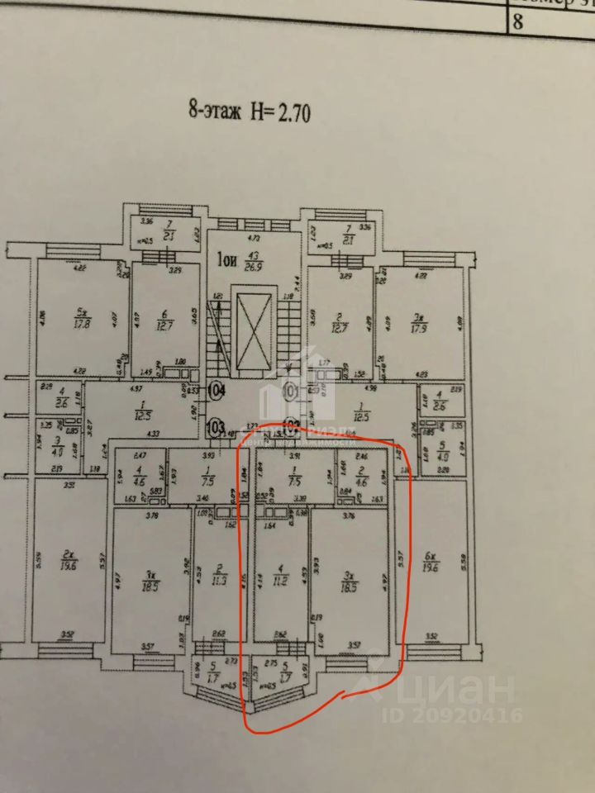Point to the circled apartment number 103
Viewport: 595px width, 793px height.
click(217, 428)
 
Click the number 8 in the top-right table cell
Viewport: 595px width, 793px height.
click(518, 21)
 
